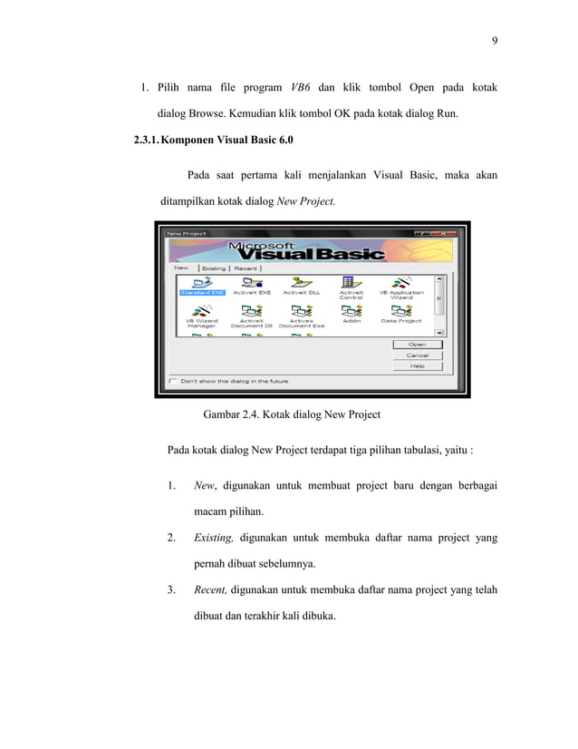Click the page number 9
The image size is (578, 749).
tap(495, 40)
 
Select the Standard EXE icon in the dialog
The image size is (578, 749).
tap(201, 284)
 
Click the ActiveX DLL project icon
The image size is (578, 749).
tap(301, 284)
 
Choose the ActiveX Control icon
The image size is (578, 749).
tap(351, 286)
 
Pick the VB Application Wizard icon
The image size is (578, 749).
tap(401, 286)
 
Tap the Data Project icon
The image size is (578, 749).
tap(401, 313)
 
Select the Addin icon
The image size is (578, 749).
tap(351, 313)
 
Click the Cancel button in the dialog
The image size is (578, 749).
tap(417, 355)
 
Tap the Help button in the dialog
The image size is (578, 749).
tap(417, 366)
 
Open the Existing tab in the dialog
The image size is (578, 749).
tap(214, 268)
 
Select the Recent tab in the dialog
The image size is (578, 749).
tap(246, 268)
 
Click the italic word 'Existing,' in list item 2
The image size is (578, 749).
tap(214, 538)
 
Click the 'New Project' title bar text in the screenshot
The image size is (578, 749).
tap(185, 234)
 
